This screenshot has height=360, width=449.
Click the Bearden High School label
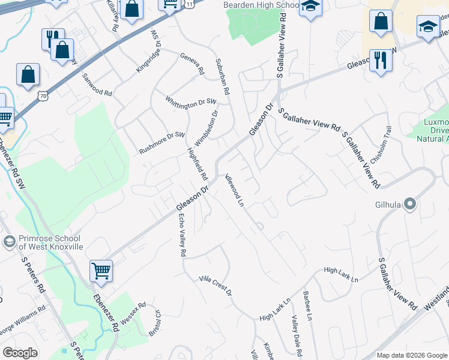point(261,5)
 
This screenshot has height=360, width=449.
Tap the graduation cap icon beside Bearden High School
point(310,7)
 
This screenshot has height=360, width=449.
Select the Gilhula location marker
point(410,205)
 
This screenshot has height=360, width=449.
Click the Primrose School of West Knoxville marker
point(9,242)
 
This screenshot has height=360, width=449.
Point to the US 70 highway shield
point(41,95)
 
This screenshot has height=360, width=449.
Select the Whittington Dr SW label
point(190,103)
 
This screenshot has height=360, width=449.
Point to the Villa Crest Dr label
point(215,286)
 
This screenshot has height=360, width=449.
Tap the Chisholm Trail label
point(381,145)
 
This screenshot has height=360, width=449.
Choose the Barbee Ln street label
point(308,305)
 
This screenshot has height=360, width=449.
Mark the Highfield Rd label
point(197,164)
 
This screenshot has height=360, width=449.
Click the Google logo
point(20,353)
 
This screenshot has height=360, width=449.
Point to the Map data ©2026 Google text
point(411,355)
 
